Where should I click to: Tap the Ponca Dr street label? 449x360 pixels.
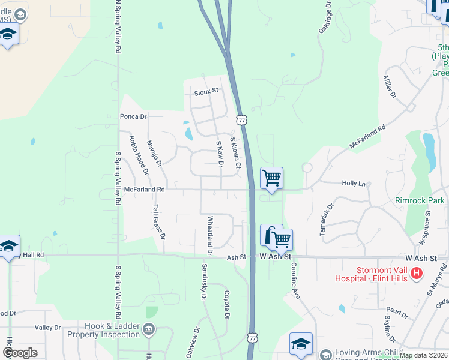coord(133,116)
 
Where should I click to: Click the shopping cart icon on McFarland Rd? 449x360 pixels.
coord(272,178)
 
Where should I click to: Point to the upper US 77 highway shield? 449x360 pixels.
coord(241,120)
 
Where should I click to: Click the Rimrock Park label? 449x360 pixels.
coord(420,200)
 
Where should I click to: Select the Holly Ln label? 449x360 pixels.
coord(353,183)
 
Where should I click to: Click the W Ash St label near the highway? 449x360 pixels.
coord(279,257)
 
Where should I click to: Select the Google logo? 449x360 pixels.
coord(20,352)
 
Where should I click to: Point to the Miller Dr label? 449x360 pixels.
coord(390,86)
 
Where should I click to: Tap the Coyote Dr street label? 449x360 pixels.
coord(227,305)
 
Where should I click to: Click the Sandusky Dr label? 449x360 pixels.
coord(204,281)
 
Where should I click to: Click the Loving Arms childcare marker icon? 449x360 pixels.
coord(325,355)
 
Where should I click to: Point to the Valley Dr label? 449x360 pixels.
coord(48,328)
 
